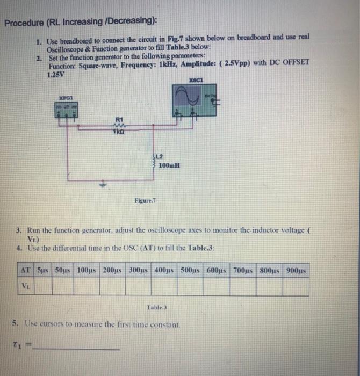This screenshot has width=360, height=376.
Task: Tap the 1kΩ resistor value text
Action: pyautogui.click(x=119, y=131)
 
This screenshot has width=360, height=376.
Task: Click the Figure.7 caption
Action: pyautogui.click(x=145, y=201)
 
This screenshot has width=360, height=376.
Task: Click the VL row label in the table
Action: pyautogui.click(x=26, y=286)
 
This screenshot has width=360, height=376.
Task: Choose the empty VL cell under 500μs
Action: pyautogui.click(x=192, y=286)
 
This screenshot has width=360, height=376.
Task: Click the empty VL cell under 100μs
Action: pyautogui.click(x=86, y=286)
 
